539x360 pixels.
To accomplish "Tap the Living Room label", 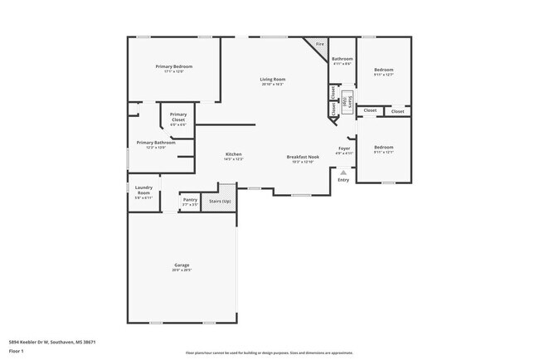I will tap(273, 79).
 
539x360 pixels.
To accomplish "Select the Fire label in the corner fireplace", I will tap(319, 43).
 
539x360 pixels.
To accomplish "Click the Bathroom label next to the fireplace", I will tap(342, 59).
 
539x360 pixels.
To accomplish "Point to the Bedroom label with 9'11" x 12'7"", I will tap(383, 70).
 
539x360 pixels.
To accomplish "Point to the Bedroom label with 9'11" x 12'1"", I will tap(383, 147).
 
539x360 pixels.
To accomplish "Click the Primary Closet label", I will tap(178, 117).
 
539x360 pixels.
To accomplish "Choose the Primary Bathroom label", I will tap(157, 142).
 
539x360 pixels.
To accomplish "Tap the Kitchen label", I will tap(234, 154).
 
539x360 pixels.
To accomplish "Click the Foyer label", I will tap(344, 148).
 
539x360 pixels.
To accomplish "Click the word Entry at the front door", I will tap(343, 179).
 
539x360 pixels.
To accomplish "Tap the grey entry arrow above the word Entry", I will tap(343, 172).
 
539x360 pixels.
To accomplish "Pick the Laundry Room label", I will tap(143, 191).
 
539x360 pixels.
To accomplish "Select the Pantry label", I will tap(190, 200).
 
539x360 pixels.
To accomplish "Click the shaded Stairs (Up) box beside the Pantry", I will tap(220, 201).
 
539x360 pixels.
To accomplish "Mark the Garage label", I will tap(182, 265).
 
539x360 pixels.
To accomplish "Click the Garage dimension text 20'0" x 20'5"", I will tap(182, 270).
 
